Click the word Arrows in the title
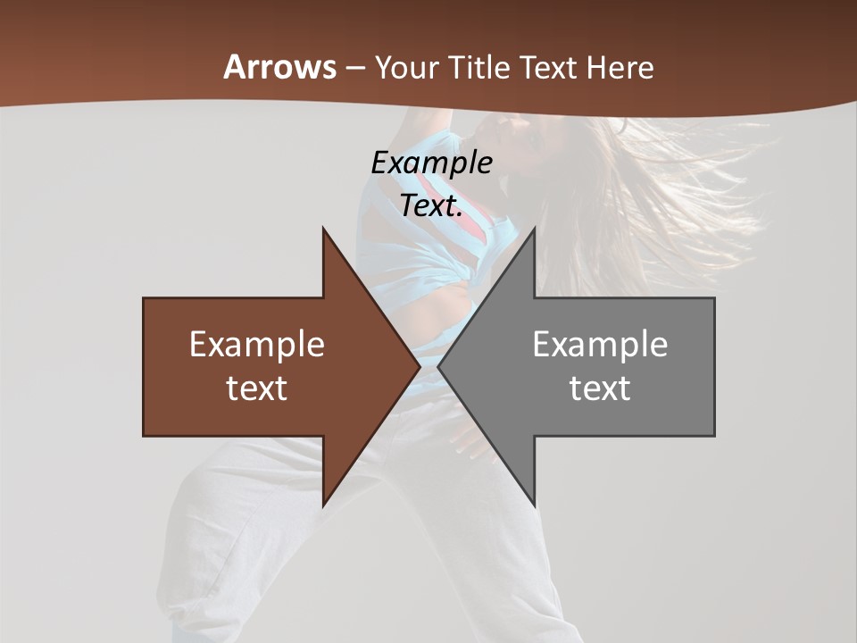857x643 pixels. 280,67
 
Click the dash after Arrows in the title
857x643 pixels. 355,68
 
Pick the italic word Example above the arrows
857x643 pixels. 431,163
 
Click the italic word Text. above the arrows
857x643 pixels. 431,205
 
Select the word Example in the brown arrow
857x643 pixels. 257,345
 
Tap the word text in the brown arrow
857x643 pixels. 257,388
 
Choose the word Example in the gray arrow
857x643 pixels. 600,345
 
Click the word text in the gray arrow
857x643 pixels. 600,388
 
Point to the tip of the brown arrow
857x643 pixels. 420,366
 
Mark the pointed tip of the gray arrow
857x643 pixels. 438,366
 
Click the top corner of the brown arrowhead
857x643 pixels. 323,229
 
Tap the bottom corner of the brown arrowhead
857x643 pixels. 323,505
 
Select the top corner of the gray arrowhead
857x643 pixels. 534,229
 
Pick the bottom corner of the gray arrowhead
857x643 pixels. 534,505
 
